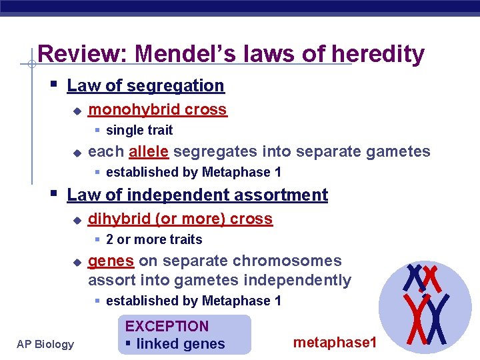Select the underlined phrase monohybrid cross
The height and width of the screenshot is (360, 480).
pyautogui.click(x=157, y=109)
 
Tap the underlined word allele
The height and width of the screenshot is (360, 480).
pyautogui.click(x=149, y=152)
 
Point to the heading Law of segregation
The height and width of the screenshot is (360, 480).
pyautogui.click(x=145, y=85)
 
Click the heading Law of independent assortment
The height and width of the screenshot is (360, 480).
pyautogui.click(x=197, y=195)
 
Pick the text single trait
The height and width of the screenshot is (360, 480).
pyautogui.click(x=139, y=130)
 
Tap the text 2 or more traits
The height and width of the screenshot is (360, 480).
pyautogui.click(x=153, y=239)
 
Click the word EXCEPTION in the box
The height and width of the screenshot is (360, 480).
pyautogui.click(x=167, y=327)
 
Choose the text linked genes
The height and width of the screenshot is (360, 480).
pyautogui.click(x=180, y=344)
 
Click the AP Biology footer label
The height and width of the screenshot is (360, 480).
pyautogui.click(x=45, y=344)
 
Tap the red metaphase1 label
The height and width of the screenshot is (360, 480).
pyautogui.click(x=335, y=343)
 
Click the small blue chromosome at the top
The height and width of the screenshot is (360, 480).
pyautogui.click(x=414, y=276)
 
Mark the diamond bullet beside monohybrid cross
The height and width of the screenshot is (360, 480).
pyautogui.click(x=77, y=110)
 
